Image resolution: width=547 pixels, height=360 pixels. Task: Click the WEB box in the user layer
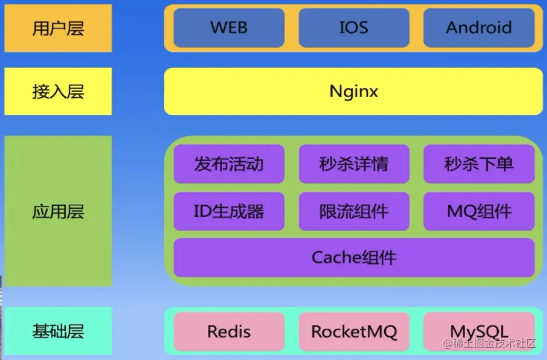pos(229,27)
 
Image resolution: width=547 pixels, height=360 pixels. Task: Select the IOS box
pos(354,27)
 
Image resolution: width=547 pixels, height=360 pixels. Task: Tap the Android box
pos(479,27)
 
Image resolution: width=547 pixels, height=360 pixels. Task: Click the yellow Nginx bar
pos(353,91)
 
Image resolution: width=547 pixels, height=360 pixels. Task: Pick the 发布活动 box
pos(229,164)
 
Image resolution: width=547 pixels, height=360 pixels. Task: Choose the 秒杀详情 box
pos(354,164)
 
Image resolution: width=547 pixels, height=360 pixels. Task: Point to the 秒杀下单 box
pos(479,164)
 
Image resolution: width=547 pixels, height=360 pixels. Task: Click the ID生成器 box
pos(229,211)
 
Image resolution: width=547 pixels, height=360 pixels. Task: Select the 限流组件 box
pos(354,211)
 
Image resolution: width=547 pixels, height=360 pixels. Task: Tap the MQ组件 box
pos(479,211)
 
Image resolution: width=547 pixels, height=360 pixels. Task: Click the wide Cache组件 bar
pos(353,257)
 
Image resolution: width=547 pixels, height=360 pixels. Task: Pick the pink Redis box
pos(229,332)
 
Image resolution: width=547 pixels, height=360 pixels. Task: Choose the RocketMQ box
pos(354,332)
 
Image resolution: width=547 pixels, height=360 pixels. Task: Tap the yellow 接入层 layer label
pos(58,91)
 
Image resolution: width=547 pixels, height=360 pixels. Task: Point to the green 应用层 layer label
pos(58,211)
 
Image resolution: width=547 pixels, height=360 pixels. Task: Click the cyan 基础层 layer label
pos(58,332)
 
